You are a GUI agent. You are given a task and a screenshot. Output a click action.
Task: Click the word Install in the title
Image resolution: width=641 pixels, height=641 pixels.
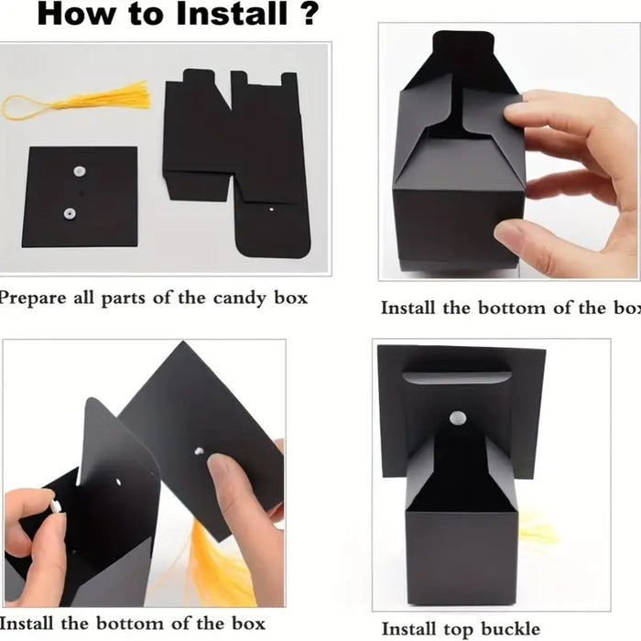[232, 14]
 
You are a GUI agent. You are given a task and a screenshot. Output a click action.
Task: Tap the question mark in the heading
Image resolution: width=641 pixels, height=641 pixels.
[310, 14]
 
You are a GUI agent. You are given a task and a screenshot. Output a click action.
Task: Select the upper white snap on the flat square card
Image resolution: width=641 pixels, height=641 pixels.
[80, 171]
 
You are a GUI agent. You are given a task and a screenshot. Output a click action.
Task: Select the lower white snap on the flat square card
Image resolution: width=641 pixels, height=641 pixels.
[69, 213]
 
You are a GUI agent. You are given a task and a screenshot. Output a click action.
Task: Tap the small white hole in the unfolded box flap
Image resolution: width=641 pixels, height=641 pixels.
[271, 210]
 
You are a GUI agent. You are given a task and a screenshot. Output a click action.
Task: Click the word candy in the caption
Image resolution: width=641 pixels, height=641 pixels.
[240, 299]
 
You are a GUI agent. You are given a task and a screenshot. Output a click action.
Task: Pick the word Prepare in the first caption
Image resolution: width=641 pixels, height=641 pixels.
[33, 299]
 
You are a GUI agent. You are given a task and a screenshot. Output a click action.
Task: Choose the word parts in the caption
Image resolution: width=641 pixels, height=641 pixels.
[123, 299]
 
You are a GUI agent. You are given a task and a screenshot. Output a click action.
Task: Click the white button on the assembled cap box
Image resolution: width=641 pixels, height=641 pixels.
[458, 418]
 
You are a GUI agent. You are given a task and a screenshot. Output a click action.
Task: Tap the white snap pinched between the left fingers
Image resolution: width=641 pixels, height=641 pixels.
[56, 506]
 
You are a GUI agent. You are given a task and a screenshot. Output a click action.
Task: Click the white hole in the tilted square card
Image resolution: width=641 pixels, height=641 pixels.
[199, 451]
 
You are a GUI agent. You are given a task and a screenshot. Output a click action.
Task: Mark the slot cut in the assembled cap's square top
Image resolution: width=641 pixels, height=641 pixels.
[456, 377]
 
